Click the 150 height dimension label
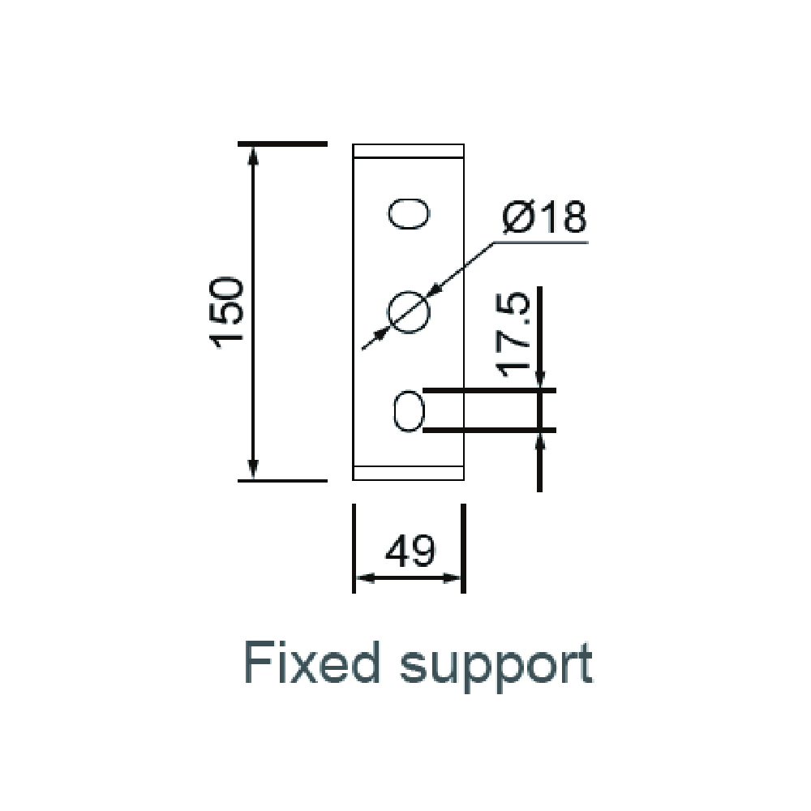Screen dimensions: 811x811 click(226, 313)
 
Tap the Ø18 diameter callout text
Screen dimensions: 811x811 click(545, 217)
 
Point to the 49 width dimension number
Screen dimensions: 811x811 click(410, 551)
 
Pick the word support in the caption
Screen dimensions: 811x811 click(496, 666)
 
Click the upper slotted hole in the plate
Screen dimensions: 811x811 click(409, 213)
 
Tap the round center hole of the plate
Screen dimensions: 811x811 click(409, 312)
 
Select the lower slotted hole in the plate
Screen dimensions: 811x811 click(409, 411)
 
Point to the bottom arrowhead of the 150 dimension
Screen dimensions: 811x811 click(253, 470)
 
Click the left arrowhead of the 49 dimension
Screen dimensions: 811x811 click(365, 578)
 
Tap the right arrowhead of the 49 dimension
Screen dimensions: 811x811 click(452, 578)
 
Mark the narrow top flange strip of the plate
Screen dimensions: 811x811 click(408, 151)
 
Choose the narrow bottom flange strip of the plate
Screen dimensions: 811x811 click(408, 474)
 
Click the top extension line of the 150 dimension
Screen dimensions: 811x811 click(282, 144)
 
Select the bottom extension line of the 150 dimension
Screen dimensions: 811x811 click(282, 481)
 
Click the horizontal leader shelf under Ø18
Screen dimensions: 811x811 click(540, 242)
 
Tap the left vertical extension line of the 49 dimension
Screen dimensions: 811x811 click(354, 548)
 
